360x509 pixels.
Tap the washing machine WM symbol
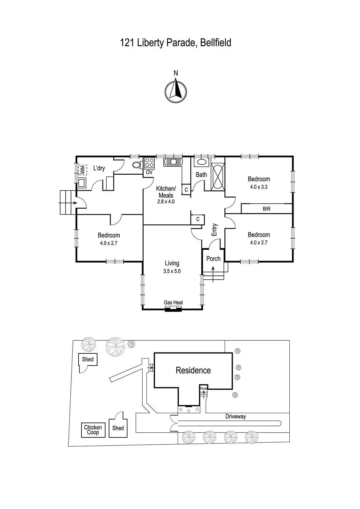click(82, 170)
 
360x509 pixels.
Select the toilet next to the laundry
click(137, 165)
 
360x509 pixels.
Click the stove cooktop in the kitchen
click(149, 163)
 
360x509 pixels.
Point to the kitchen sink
click(173, 162)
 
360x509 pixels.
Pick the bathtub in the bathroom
click(218, 177)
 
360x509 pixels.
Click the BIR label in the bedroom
click(266, 209)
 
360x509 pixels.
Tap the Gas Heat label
click(173, 303)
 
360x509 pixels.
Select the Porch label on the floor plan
click(213, 259)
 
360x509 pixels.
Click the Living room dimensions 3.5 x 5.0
click(172, 271)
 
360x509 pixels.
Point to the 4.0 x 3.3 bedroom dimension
click(259, 187)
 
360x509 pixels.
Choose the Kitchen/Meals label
click(166, 192)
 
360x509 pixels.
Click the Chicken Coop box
click(93, 430)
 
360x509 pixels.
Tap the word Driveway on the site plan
click(236, 416)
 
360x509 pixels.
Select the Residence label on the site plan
click(193, 370)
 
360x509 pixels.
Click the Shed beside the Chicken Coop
click(118, 428)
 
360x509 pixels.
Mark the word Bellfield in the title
click(216, 43)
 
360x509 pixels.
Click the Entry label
click(215, 230)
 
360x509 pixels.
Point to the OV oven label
click(149, 172)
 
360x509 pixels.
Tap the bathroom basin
click(201, 162)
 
